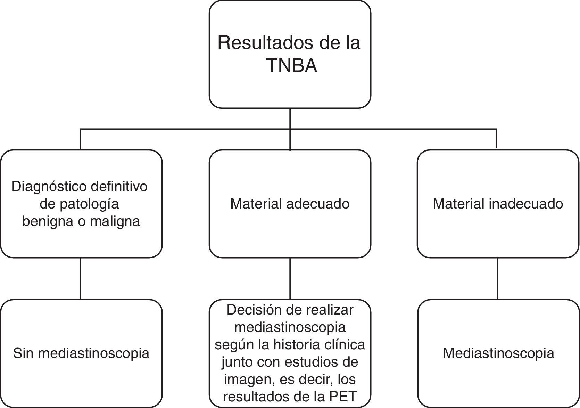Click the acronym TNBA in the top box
click(x=292, y=66)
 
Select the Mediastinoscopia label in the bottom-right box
click(x=498, y=353)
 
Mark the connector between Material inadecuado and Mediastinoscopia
click(x=498, y=278)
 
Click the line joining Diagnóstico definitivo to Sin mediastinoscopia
click(x=81, y=278)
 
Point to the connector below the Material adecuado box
click(x=290, y=278)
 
